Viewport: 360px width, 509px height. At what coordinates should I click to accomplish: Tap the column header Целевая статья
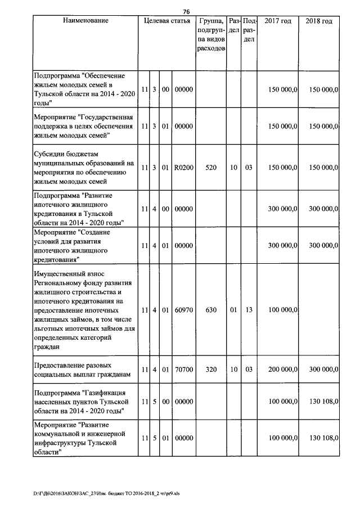167,21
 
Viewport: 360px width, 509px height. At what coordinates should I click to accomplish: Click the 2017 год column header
278,21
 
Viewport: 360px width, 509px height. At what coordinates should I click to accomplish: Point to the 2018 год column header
319,21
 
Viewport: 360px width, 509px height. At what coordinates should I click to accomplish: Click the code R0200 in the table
183,168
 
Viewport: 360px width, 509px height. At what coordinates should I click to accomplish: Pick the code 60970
183,309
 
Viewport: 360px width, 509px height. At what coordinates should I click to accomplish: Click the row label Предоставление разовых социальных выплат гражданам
82,370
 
